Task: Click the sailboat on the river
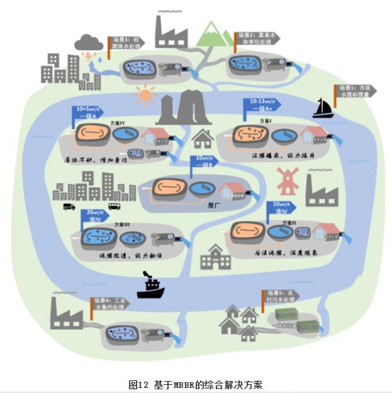click(323, 108)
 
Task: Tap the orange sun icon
click(145, 96)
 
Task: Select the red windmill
click(286, 181)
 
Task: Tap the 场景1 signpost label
click(356, 91)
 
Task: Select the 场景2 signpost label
click(255, 38)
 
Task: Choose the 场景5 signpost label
click(279, 296)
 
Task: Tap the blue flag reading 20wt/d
click(99, 216)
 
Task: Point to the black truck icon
click(69, 206)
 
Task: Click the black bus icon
click(114, 206)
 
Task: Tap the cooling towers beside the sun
click(183, 108)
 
